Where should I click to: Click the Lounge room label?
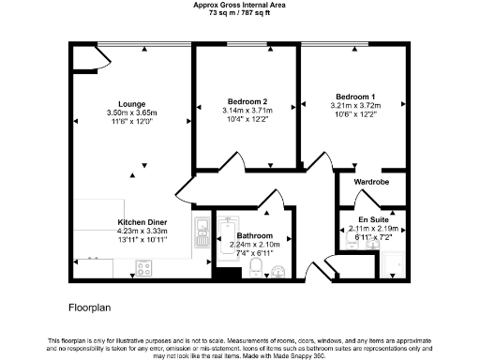[x=131, y=103]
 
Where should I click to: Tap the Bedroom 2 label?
[x=247, y=101]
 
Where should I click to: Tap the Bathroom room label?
[x=254, y=236]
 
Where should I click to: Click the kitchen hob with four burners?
[x=145, y=268]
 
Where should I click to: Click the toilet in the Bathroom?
[x=255, y=270]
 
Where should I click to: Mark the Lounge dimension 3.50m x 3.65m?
[x=131, y=112]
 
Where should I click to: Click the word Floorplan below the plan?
[x=90, y=307]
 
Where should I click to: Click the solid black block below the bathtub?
[x=226, y=275]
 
